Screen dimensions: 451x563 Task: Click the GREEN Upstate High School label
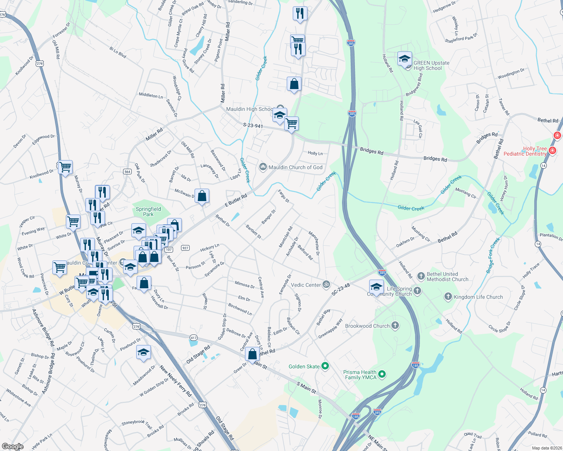pyautogui.click(x=431, y=66)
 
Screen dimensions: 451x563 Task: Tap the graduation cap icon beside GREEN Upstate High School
pyautogui.click(x=405, y=59)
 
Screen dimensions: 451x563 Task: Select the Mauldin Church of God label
pyautogui.click(x=295, y=167)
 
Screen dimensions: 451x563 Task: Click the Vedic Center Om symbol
pyautogui.click(x=326, y=285)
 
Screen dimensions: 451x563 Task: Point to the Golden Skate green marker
pyautogui.click(x=326, y=366)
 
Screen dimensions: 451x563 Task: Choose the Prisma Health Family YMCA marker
pyautogui.click(x=382, y=374)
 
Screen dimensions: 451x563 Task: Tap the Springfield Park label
pyautogui.click(x=148, y=212)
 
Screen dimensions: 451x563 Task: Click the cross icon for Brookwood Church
pyautogui.click(x=395, y=325)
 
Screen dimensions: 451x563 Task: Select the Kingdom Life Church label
pyautogui.click(x=478, y=297)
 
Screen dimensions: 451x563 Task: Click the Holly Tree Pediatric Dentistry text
pyautogui.click(x=525, y=151)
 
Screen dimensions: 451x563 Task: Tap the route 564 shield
pyautogui.click(x=127, y=171)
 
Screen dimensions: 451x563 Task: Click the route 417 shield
pyautogui.click(x=193, y=337)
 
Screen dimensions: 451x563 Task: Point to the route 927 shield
pyautogui.click(x=185, y=248)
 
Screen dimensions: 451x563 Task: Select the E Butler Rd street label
pyautogui.click(x=236, y=200)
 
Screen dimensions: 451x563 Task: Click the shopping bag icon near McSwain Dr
pyautogui.click(x=202, y=196)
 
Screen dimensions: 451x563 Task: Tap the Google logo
pyautogui.click(x=12, y=446)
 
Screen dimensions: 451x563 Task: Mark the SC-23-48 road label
pyautogui.click(x=341, y=289)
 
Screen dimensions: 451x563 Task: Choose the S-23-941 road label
pyautogui.click(x=253, y=126)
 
